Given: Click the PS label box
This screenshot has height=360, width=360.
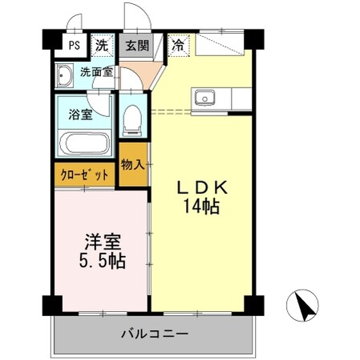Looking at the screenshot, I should pyautogui.click(x=73, y=45).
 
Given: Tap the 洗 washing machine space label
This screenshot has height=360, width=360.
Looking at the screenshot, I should pyautogui.click(x=101, y=45).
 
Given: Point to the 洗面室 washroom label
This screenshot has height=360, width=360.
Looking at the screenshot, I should pyautogui.click(x=96, y=72).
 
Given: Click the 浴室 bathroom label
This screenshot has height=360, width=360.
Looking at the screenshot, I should pyautogui.click(x=81, y=114).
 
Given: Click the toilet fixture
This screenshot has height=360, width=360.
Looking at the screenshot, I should pyautogui.click(x=132, y=120).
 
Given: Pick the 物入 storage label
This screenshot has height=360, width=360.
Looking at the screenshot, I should pyautogui.click(x=132, y=165).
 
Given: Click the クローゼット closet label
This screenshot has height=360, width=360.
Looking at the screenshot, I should pyautogui.click(x=84, y=174).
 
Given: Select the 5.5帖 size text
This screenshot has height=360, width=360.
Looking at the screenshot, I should pyautogui.click(x=100, y=261).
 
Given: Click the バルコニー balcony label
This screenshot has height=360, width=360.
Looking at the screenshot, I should pyautogui.click(x=155, y=333).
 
